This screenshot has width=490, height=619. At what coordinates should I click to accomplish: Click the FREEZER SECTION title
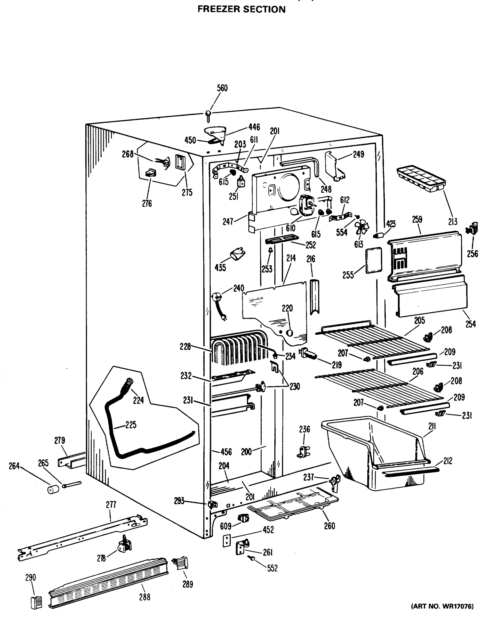tap(242, 9)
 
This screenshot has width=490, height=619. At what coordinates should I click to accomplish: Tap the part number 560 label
tap(222, 88)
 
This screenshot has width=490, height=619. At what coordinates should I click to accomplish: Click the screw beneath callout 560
tap(208, 116)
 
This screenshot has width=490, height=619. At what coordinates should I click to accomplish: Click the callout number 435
tap(220, 268)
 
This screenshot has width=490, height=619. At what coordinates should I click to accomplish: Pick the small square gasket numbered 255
tap(374, 260)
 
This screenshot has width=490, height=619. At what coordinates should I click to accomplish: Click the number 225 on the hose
tap(131, 425)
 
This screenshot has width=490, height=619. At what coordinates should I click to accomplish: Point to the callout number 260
tap(329, 526)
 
